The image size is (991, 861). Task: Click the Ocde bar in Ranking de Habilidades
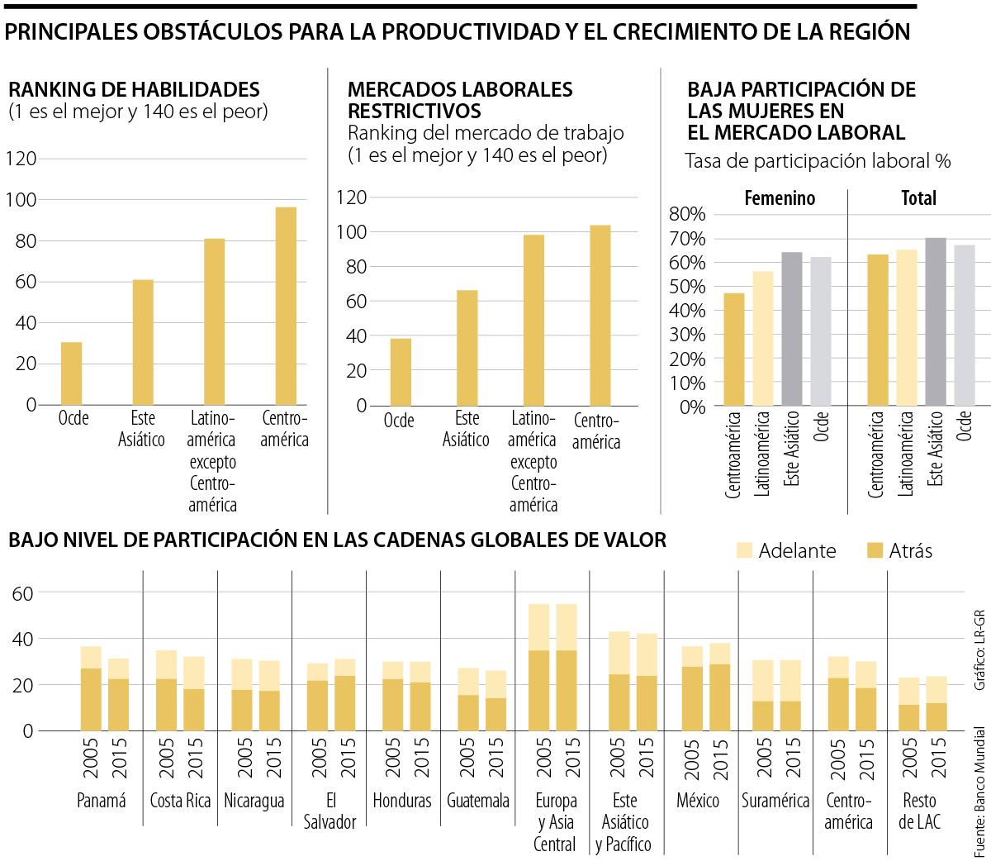point(72,373)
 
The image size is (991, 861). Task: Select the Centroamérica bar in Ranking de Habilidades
point(286,306)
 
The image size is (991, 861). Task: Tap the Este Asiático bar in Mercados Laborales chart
point(467,348)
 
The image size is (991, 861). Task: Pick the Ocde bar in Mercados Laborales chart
point(401,372)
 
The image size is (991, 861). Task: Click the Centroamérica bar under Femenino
point(733,350)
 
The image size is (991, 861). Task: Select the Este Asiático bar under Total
point(935,322)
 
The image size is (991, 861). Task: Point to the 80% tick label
point(687,215)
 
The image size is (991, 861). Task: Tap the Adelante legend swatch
point(744,550)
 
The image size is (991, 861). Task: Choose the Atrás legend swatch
point(875,550)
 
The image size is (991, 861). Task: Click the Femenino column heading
point(780,198)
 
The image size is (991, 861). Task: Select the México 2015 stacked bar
point(720,687)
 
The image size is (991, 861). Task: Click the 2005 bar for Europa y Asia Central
point(538,668)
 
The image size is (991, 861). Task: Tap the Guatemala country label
point(477,801)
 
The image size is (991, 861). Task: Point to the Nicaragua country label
point(254,801)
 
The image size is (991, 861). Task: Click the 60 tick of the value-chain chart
point(23,593)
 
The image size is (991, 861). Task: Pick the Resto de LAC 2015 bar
point(936,704)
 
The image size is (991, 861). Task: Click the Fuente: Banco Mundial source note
point(979,792)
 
